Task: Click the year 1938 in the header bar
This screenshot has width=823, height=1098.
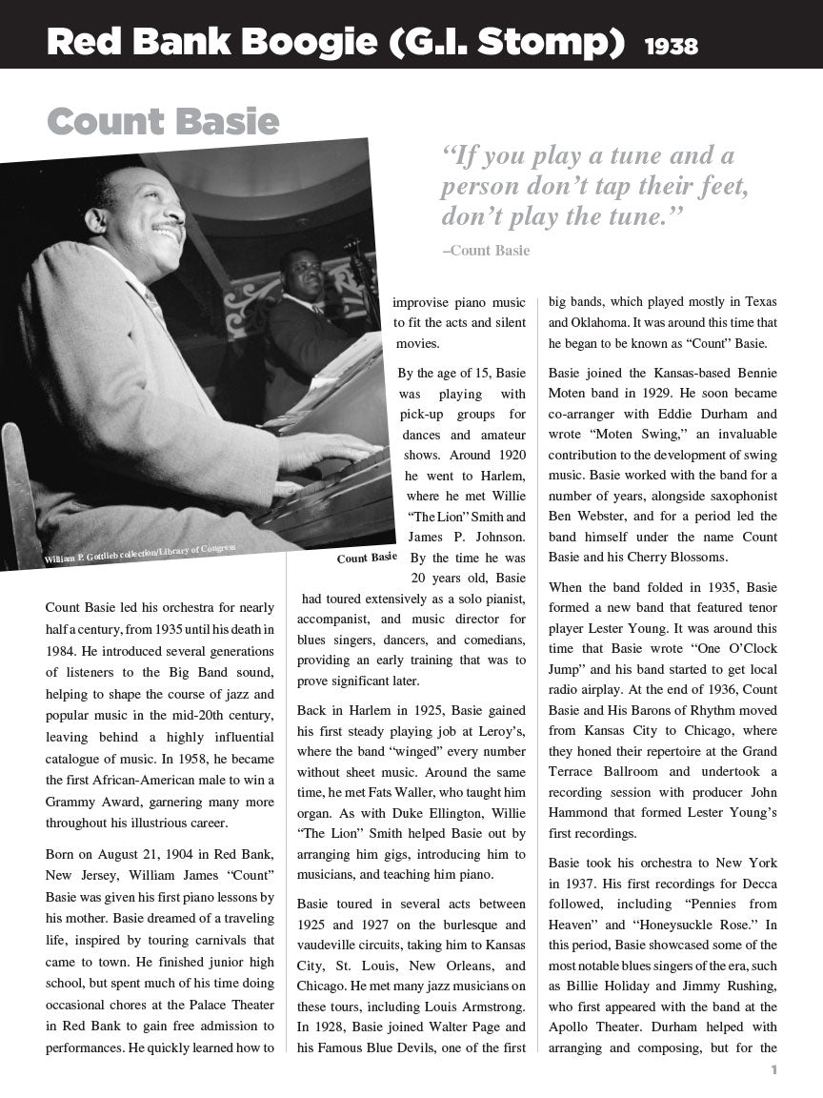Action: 671,46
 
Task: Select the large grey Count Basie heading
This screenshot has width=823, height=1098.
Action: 163,122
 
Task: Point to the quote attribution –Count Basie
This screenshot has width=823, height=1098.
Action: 486,251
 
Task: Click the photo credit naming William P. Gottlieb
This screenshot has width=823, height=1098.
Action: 140,555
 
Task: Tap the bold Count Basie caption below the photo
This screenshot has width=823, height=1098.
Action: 367,558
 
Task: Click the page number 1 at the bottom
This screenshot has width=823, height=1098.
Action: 774,1069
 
